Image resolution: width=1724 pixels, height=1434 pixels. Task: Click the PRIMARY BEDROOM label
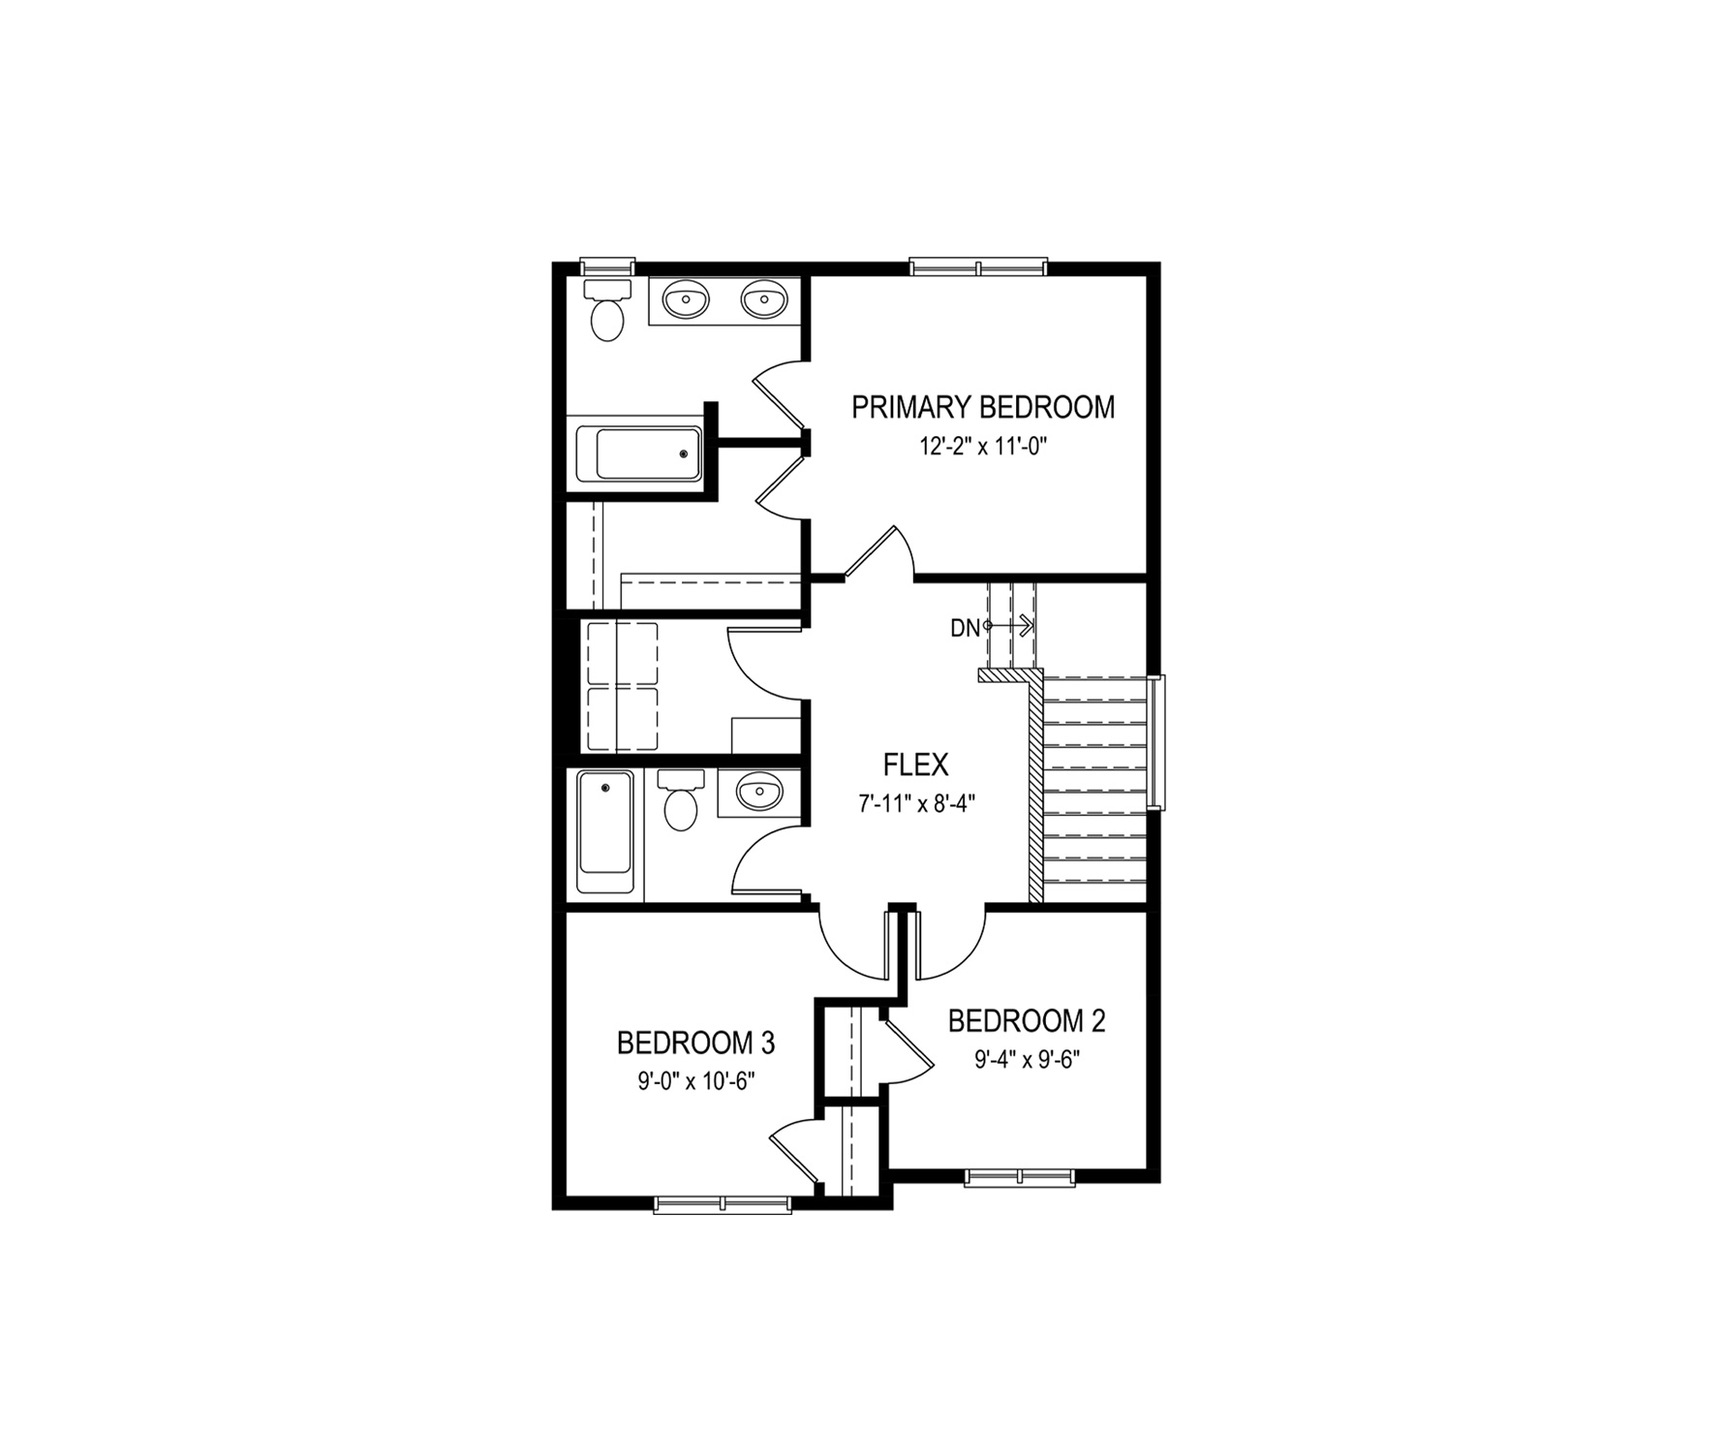[983, 408]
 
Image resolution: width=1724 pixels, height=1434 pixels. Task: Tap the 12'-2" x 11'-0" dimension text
[984, 448]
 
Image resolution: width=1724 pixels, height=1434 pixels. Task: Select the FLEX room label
[916, 765]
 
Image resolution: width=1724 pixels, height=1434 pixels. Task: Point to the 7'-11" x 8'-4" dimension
[916, 803]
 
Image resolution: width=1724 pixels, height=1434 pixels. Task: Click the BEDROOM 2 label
[1027, 1021]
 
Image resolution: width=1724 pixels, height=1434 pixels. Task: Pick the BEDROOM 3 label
[695, 1043]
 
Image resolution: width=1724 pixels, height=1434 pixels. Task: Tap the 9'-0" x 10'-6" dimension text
[695, 1081]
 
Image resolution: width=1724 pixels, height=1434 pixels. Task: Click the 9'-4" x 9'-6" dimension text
[1027, 1060]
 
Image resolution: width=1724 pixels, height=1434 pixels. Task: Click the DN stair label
[965, 629]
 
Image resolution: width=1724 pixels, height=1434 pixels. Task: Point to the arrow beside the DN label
[1010, 626]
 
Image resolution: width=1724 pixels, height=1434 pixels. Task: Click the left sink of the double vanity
[687, 300]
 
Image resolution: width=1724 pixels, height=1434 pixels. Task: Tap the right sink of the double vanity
[764, 300]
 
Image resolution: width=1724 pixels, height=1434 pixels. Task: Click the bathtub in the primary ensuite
[639, 454]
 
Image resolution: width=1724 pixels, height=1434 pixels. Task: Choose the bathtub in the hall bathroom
[605, 831]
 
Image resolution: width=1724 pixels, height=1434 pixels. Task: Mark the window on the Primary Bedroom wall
[978, 266]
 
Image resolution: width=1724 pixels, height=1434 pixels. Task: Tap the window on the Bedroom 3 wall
[723, 1204]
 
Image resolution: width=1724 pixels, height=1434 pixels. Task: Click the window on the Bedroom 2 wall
[1020, 1177]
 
